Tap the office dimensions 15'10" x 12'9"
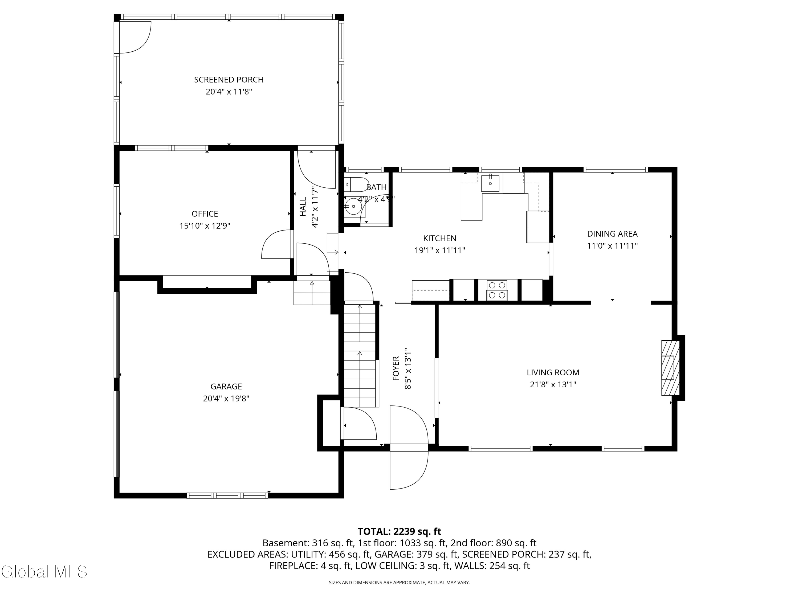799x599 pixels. (x=205, y=226)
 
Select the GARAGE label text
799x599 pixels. (x=226, y=387)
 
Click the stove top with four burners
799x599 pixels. (x=497, y=290)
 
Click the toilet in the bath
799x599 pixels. (x=356, y=184)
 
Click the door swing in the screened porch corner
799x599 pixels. (x=135, y=37)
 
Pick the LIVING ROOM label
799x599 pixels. (x=553, y=373)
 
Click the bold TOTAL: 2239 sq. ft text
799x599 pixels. (x=399, y=531)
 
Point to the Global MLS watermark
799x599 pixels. (x=44, y=572)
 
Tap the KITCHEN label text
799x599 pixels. (x=440, y=239)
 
